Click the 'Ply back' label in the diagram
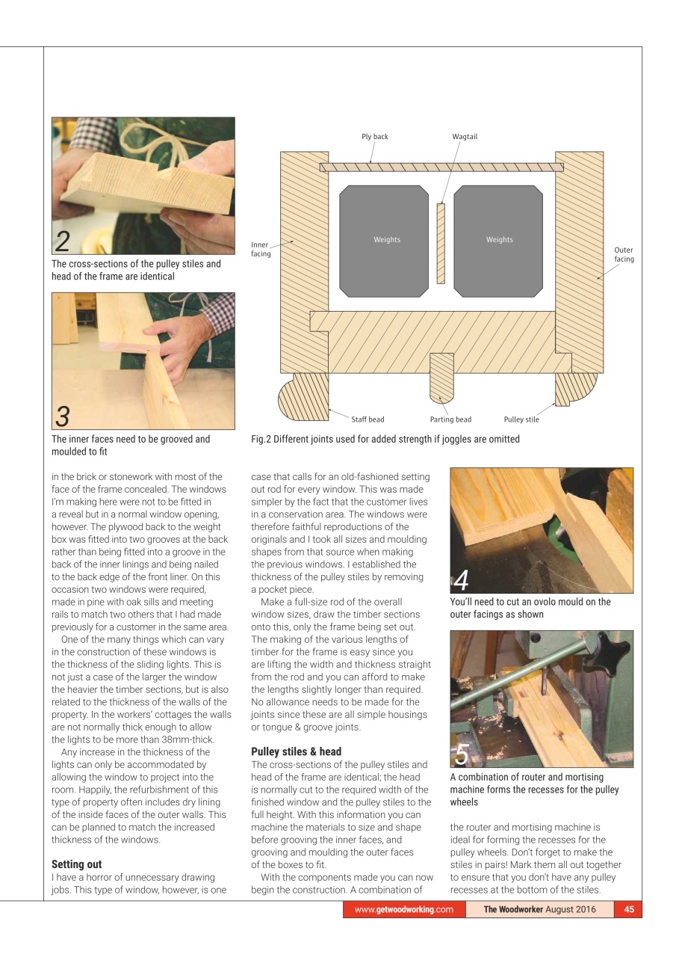point(374,137)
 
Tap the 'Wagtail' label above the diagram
point(464,137)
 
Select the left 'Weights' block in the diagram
point(387,240)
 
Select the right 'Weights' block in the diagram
point(499,240)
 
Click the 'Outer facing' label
point(624,255)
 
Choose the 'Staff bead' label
point(368,419)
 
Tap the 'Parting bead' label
point(450,419)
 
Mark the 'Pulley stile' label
point(521,419)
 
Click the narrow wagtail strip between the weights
point(441,243)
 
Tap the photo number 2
point(63,241)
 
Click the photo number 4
point(462,580)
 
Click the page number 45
point(629,910)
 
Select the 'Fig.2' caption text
point(385,440)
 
